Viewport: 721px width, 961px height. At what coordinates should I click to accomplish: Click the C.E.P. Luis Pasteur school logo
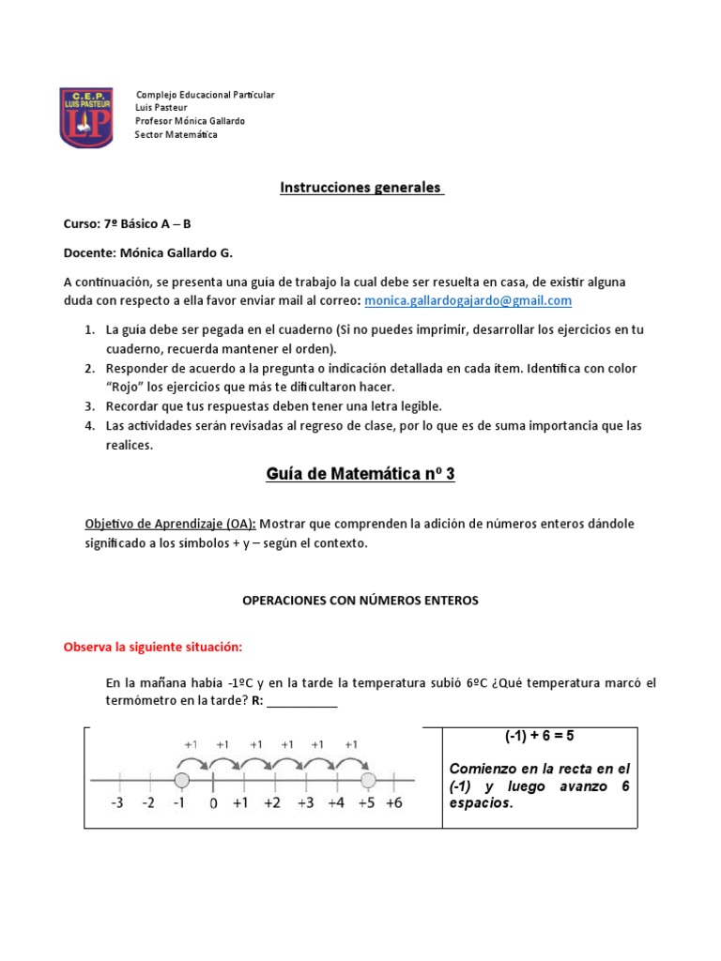[86, 117]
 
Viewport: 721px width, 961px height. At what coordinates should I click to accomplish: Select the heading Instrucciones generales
[360, 187]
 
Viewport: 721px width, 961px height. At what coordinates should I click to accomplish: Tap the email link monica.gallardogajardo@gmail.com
[468, 300]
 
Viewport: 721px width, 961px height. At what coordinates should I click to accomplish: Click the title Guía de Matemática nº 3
[360, 474]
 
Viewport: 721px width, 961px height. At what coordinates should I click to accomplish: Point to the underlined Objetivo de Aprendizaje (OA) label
[170, 523]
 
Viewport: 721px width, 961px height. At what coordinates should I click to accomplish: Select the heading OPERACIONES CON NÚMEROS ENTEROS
[360, 601]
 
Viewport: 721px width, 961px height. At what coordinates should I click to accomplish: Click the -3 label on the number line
[117, 803]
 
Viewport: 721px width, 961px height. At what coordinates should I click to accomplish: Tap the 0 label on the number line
[213, 803]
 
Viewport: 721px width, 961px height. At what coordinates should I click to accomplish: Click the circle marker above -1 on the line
[182, 780]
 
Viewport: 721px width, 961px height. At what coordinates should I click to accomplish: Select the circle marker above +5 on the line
[367, 780]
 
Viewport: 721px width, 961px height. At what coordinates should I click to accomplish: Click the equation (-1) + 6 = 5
[540, 737]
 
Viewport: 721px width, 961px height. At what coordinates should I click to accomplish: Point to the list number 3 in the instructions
[90, 406]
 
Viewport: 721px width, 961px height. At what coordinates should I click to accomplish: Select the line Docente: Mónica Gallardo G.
[147, 252]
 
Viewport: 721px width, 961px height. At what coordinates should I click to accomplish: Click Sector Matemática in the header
[176, 135]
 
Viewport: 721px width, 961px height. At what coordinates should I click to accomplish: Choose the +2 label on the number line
[272, 803]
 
